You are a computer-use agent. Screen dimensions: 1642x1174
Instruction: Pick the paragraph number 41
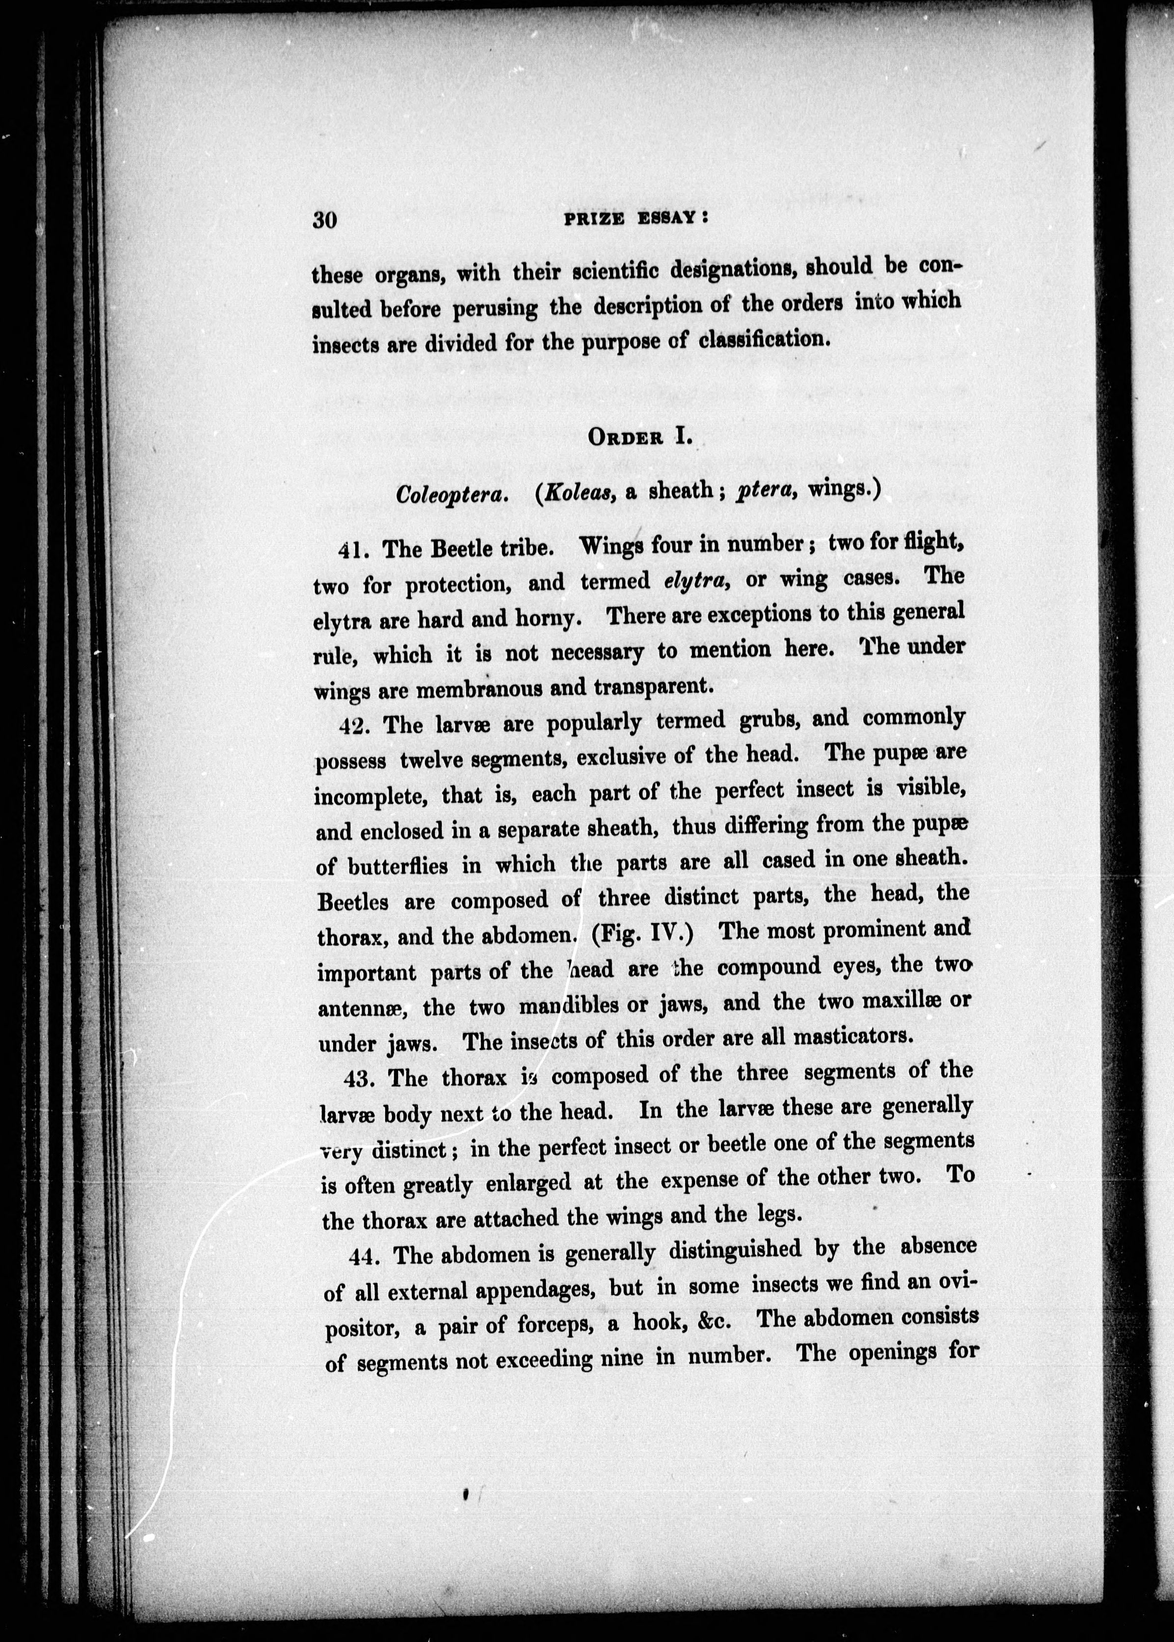coord(354,550)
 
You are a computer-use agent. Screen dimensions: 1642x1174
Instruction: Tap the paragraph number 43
coord(359,1079)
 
